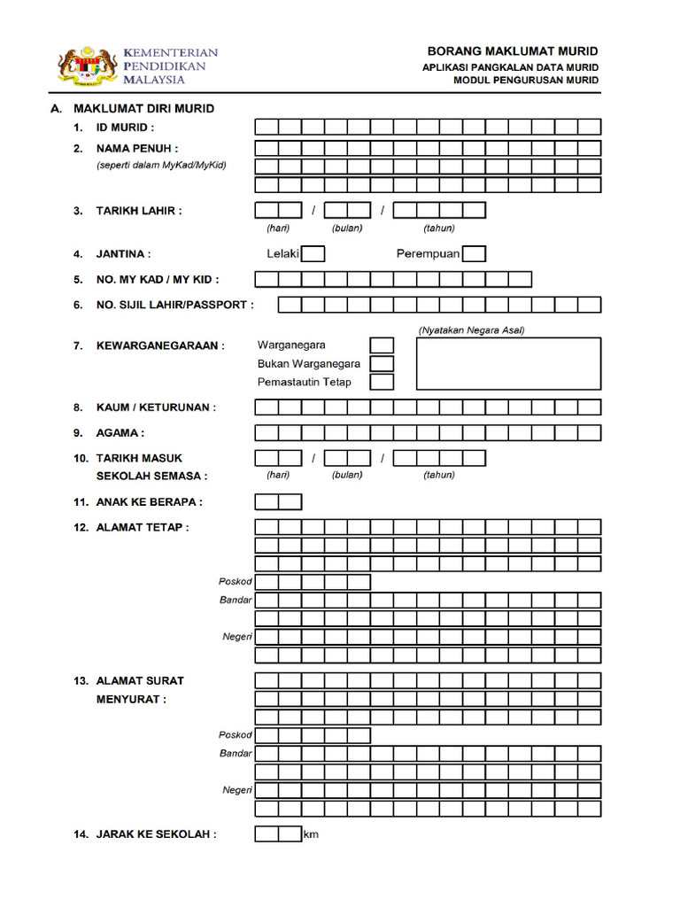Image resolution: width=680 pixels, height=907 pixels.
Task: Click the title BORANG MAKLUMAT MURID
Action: (513, 51)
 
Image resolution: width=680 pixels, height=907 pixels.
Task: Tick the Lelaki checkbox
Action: (313, 254)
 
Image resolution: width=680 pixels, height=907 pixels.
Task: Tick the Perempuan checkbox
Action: (475, 254)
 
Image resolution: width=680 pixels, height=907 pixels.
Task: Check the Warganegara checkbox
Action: (382, 345)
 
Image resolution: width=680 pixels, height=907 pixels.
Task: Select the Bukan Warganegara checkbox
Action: (382, 363)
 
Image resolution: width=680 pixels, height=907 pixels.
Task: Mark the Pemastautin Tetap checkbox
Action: (382, 382)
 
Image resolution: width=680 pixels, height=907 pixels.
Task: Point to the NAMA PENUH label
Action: (136, 148)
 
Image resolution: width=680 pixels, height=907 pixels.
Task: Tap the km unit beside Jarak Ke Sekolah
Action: (311, 835)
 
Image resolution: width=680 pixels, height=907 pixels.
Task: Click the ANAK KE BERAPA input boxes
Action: (278, 502)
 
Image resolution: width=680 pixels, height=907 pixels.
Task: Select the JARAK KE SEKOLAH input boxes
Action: (278, 834)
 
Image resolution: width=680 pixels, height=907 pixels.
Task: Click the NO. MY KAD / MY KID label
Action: (158, 280)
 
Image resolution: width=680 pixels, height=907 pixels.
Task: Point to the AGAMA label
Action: (120, 433)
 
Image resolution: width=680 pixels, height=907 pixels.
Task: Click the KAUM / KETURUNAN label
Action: (156, 407)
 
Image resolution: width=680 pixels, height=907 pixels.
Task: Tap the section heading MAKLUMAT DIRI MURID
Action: (143, 109)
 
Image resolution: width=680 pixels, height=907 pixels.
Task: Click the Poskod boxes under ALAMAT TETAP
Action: (313, 582)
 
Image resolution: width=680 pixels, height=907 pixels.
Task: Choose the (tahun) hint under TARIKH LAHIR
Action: (439, 229)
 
